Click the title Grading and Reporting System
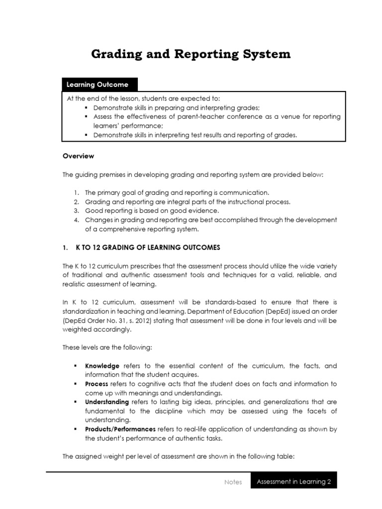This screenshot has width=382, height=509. (x=191, y=54)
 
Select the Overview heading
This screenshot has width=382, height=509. (x=78, y=156)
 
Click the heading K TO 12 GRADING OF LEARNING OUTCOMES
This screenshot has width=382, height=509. (x=147, y=248)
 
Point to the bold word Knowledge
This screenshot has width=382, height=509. (x=102, y=366)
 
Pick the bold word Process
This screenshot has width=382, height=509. (x=96, y=384)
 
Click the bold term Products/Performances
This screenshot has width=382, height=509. (x=120, y=429)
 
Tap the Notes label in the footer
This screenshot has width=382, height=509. (x=233, y=482)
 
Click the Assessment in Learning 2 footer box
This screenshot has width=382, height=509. (x=293, y=481)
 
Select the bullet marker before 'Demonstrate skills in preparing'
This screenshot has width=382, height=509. (x=86, y=108)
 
